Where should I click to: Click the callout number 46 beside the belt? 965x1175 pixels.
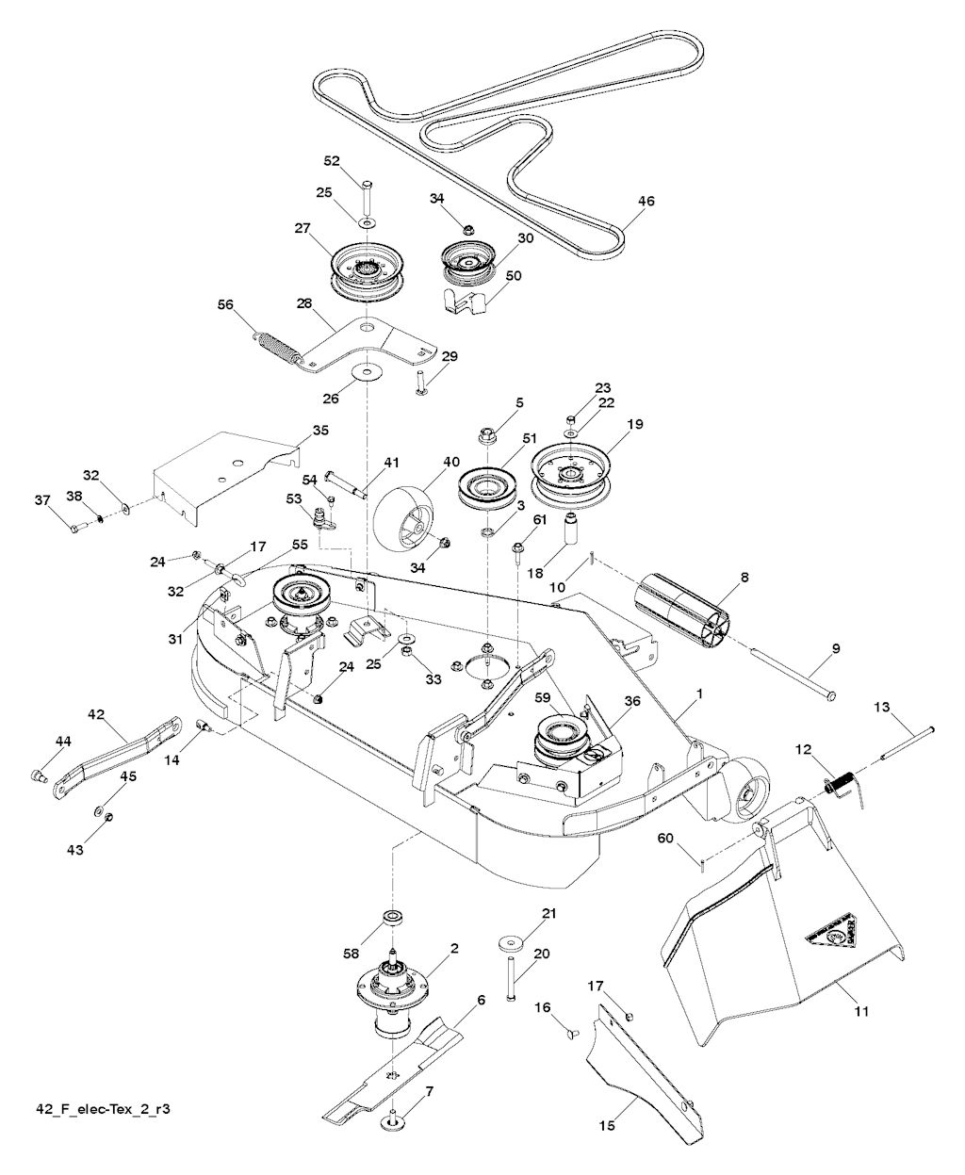[x=646, y=201]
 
